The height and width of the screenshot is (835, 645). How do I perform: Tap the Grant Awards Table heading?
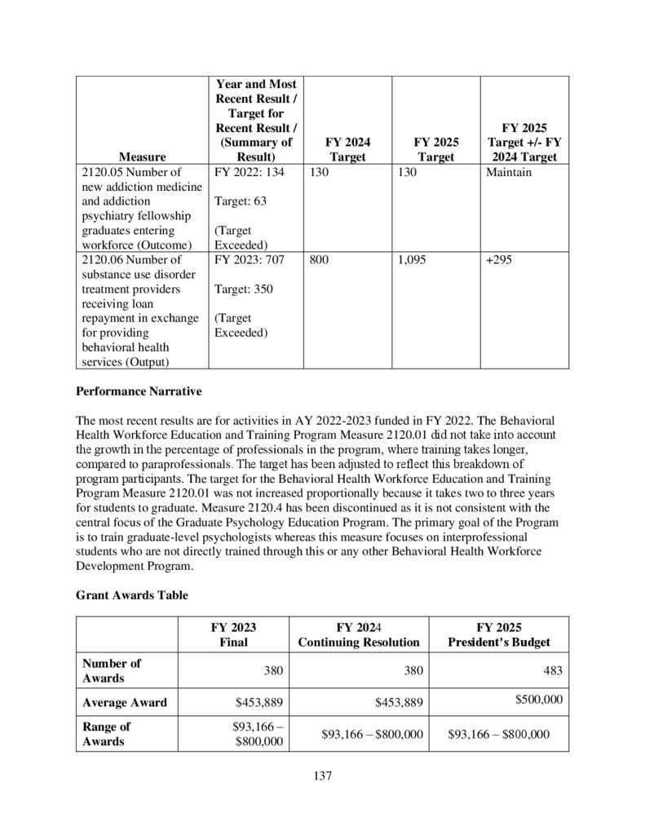point(131,595)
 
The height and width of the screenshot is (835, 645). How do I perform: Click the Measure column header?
point(142,156)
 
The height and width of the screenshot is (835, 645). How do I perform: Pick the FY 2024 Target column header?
point(347,148)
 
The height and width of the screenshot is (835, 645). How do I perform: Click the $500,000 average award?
point(538,700)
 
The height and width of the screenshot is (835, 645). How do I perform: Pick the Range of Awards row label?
point(106,734)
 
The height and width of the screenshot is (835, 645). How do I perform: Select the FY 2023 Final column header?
point(233,634)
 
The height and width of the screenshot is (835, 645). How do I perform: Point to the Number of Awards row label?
point(112,670)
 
